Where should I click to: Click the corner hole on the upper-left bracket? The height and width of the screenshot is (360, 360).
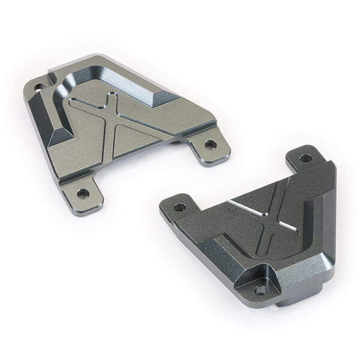click(40, 88)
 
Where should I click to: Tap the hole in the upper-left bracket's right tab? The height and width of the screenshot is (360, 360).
click(210, 145)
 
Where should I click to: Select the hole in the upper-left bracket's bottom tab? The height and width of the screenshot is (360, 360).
click(83, 193)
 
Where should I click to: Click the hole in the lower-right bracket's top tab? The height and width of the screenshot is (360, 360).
click(305, 158)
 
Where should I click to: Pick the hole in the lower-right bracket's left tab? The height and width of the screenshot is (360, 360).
click(179, 207)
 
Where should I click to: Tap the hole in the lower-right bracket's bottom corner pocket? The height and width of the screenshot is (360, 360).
click(260, 289)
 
